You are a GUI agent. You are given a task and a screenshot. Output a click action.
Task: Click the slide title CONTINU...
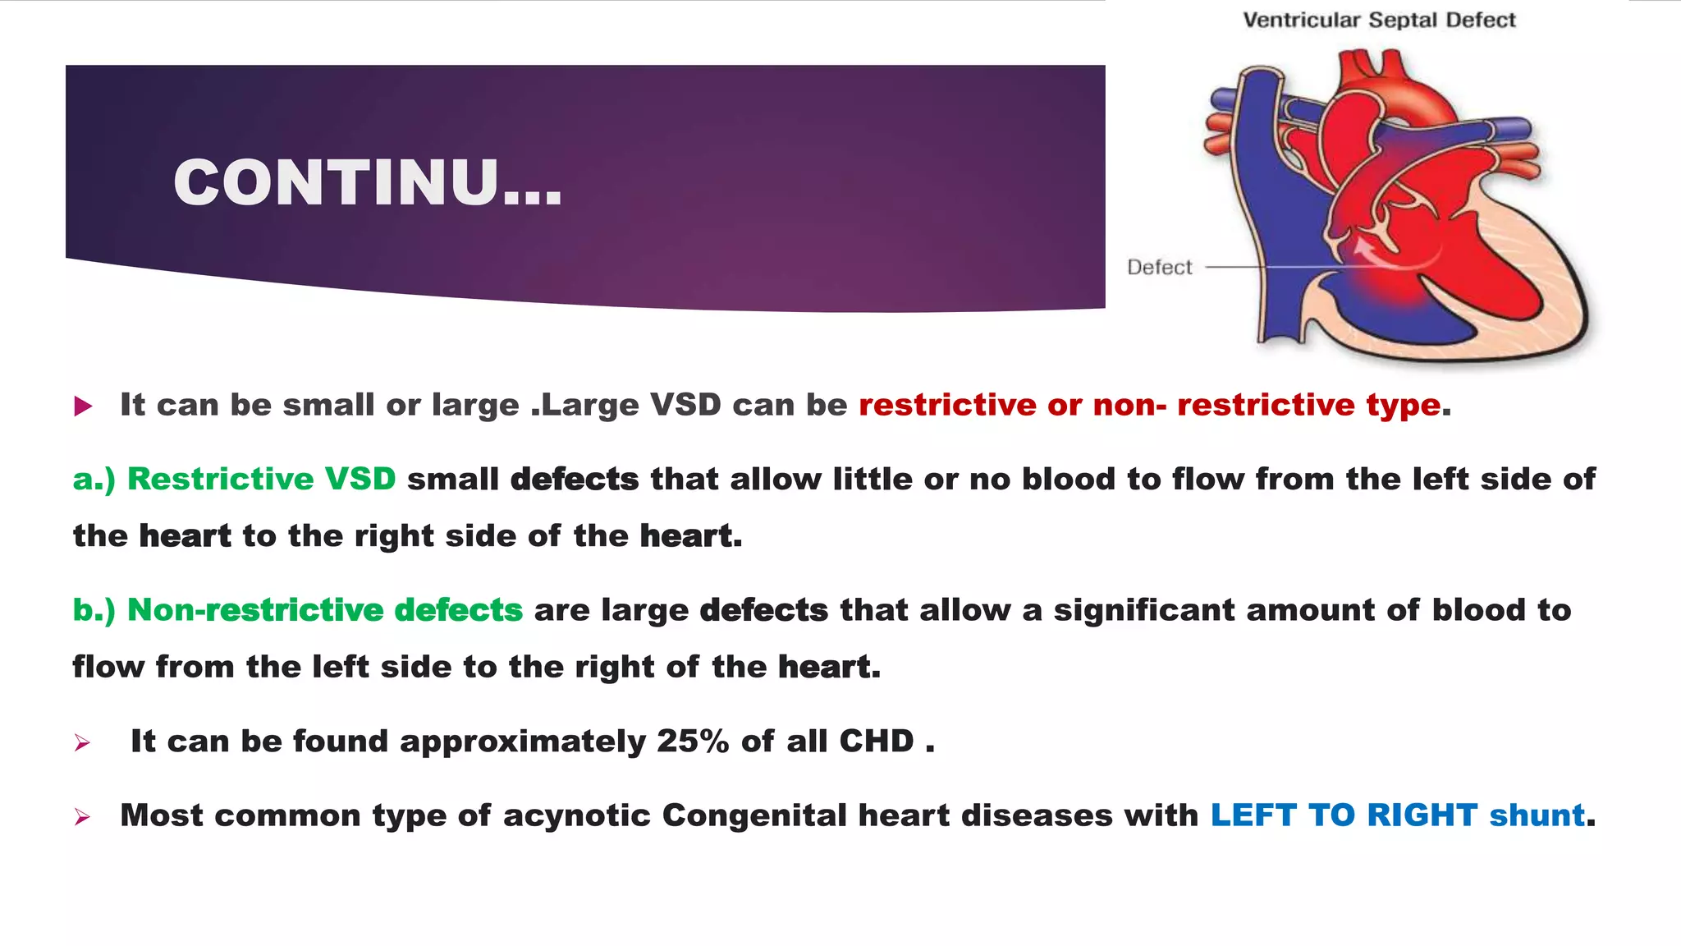coord(367,182)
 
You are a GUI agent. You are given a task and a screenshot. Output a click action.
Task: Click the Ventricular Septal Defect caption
coord(1379,20)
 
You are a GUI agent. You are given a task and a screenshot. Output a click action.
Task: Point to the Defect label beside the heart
coord(1159,267)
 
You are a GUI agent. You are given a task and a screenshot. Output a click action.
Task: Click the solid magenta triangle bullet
coord(83,406)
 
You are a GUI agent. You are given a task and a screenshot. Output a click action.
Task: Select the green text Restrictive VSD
coord(261,479)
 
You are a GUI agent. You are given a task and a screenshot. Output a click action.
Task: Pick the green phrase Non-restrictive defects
coord(325,610)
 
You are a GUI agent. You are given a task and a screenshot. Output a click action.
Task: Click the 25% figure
coord(692,741)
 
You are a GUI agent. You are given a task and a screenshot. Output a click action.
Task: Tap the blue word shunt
coord(1537,815)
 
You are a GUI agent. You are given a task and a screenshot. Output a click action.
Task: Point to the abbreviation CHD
coord(876,741)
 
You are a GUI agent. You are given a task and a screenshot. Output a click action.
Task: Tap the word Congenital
coord(754,815)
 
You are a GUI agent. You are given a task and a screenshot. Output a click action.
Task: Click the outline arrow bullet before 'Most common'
coord(82,817)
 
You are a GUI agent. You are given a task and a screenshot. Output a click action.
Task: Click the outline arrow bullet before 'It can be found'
coord(82,743)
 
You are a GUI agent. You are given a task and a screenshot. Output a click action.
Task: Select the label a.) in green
coord(94,480)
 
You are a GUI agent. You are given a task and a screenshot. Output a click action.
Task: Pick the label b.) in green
coord(94,610)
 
